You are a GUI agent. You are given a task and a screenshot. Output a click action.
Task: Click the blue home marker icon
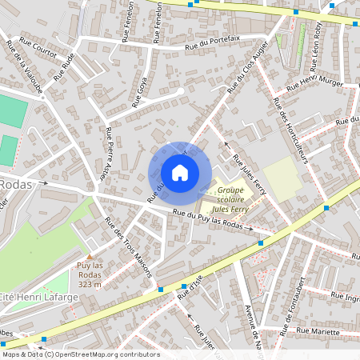179,173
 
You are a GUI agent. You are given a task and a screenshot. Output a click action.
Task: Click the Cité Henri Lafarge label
39,297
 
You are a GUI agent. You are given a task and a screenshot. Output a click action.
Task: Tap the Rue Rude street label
64,67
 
